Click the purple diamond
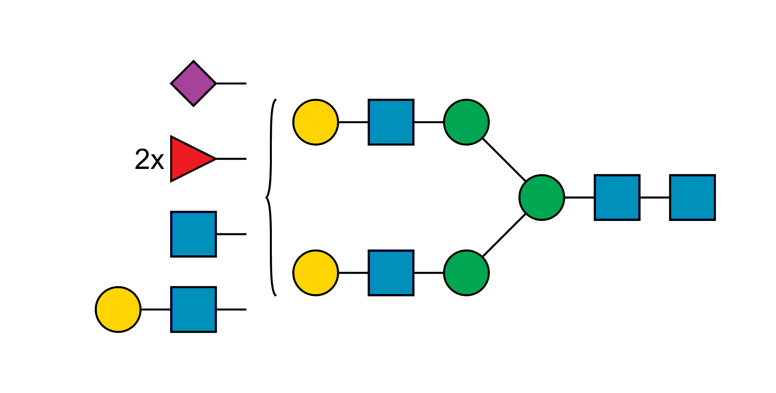[x=193, y=83]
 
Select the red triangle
[x=190, y=159]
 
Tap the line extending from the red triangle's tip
[x=231, y=159]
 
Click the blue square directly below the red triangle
[x=194, y=234]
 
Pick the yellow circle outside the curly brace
[x=118, y=310]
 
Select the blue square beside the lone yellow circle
[x=194, y=310]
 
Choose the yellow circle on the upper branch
[x=316, y=122]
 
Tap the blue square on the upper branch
[x=391, y=122]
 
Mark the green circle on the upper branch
[x=466, y=122]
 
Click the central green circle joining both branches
[x=542, y=197]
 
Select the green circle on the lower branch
[x=466, y=273]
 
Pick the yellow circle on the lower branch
[x=316, y=273]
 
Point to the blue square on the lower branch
[x=391, y=273]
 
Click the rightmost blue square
[x=692, y=197]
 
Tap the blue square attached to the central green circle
[x=617, y=197]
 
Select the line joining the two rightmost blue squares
[x=655, y=197]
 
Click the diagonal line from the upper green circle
[x=505, y=160]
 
